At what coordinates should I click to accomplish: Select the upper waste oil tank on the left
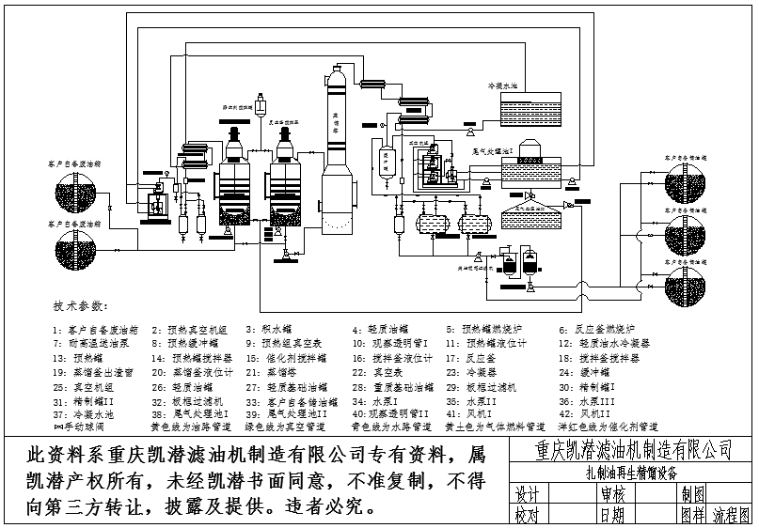click(x=75, y=192)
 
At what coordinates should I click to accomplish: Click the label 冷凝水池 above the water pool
click(x=502, y=85)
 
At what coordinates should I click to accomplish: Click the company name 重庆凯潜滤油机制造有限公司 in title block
click(x=631, y=450)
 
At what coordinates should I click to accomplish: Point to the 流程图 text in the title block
click(x=731, y=516)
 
